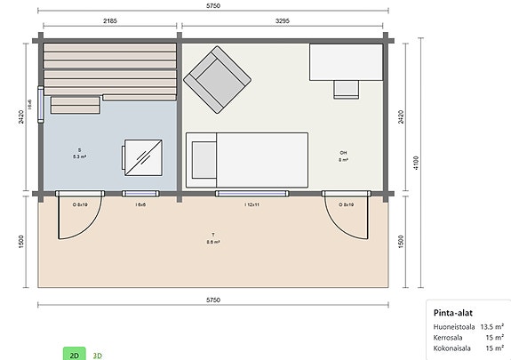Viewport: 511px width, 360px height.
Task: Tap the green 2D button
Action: coord(75,354)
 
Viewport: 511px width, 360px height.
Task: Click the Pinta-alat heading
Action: coord(452,313)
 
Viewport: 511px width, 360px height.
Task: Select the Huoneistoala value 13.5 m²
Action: coord(491,327)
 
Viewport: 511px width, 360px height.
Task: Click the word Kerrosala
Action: coord(448,337)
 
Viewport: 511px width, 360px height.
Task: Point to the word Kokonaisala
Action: coord(451,347)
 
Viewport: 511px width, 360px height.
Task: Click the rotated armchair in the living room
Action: coord(215,79)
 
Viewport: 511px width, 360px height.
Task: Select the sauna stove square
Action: coord(143,157)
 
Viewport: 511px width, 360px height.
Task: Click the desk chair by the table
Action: coord(346,87)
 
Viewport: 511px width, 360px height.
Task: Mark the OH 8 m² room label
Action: coord(343,156)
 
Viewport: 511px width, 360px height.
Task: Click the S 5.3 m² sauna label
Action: coord(79,153)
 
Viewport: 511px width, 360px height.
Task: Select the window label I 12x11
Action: coord(252,204)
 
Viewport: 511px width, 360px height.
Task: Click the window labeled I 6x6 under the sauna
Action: coord(140,204)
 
